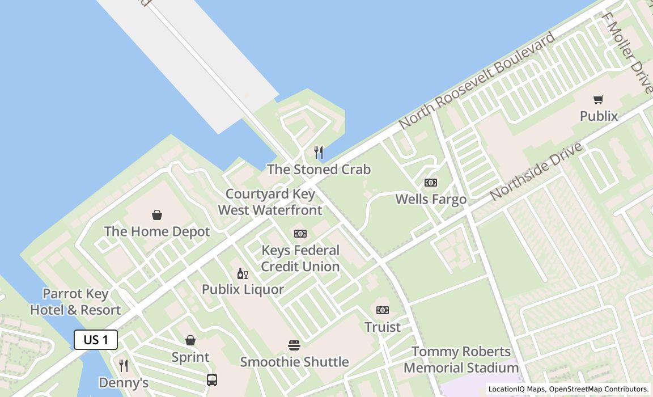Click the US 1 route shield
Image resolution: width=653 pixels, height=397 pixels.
[x=96, y=340]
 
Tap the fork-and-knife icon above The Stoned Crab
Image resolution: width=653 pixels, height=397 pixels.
[x=319, y=152]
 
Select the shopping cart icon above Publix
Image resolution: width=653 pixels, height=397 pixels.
[x=599, y=99]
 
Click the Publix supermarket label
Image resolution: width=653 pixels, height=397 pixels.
[x=599, y=116]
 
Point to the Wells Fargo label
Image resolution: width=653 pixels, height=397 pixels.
[x=431, y=199]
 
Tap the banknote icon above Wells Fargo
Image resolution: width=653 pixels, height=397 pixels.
[x=431, y=183]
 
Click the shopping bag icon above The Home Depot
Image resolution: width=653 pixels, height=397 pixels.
[x=157, y=215]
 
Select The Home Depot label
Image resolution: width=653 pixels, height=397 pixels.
[x=157, y=231]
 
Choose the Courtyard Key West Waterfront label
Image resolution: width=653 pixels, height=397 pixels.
[x=270, y=202]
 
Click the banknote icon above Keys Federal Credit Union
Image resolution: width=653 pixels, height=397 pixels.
[x=300, y=234]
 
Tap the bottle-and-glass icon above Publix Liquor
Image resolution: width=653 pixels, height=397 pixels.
[x=243, y=274]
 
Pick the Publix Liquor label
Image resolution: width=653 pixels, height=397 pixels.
[x=243, y=289]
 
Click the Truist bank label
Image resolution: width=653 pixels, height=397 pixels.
[x=383, y=327]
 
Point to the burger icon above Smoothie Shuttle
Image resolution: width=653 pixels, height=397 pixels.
[x=294, y=345]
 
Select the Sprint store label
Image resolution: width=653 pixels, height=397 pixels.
[x=190, y=357]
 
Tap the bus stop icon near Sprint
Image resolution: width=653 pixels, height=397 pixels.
[x=212, y=379]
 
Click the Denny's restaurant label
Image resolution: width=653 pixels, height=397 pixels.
[x=124, y=382]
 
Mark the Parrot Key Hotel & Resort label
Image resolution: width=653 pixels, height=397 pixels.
[x=75, y=302]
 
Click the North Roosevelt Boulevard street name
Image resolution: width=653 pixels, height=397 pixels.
[x=477, y=81]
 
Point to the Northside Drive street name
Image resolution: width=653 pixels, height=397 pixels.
[x=536, y=171]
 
